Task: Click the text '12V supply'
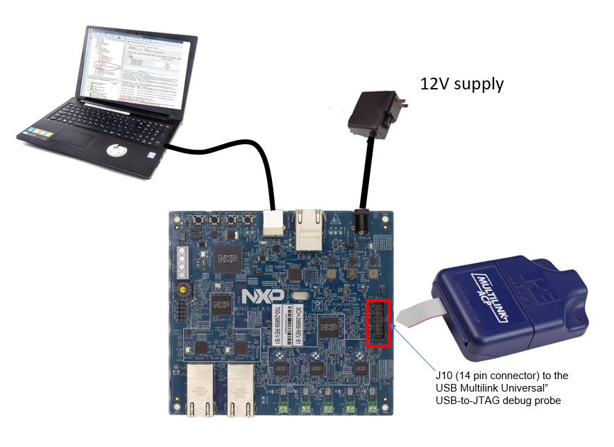pos(461,85)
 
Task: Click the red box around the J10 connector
pos(379,324)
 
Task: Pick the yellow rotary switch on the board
pos(185,286)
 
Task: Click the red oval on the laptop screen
pos(106,66)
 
